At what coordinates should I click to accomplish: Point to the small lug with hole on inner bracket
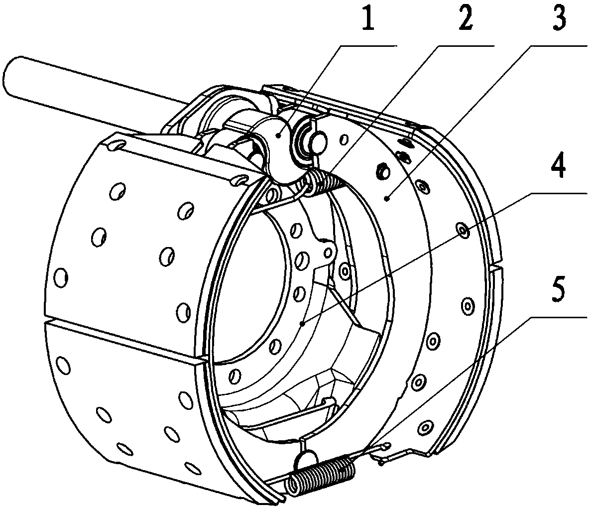coord(327,252)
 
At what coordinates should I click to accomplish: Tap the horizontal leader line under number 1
coord(368,46)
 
